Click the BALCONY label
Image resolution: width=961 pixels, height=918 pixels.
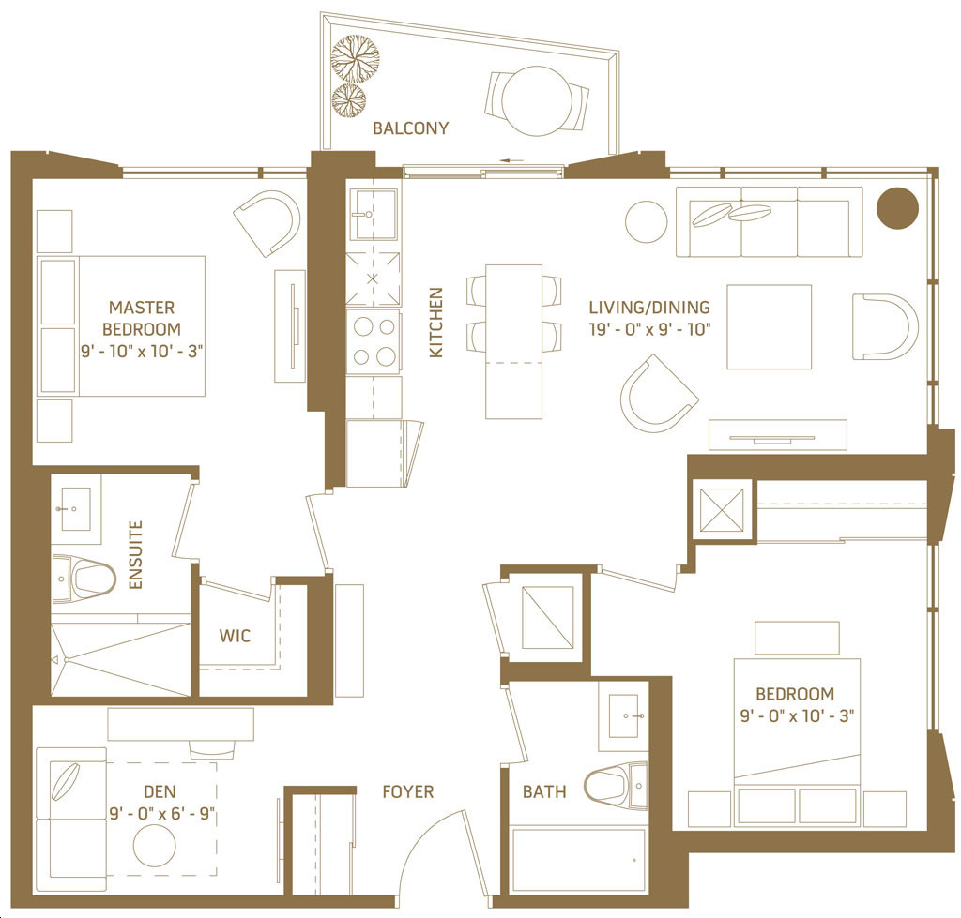click(x=411, y=128)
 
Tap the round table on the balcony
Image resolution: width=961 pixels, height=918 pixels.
click(x=538, y=101)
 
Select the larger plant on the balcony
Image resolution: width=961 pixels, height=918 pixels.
click(x=355, y=59)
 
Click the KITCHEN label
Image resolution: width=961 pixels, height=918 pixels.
click(x=435, y=323)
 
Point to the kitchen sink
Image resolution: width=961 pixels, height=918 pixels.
click(x=373, y=215)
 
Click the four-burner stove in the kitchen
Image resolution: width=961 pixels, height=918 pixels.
click(x=374, y=342)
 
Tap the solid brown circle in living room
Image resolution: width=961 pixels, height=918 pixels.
click(x=897, y=207)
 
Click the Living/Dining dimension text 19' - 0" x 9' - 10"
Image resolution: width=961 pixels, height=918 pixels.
click(x=649, y=329)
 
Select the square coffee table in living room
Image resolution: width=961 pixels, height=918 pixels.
click(x=770, y=327)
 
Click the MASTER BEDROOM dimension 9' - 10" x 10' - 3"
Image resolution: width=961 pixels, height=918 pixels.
click(x=142, y=352)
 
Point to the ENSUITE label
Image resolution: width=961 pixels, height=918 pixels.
click(x=135, y=555)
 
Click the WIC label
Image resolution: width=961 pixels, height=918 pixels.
click(x=235, y=636)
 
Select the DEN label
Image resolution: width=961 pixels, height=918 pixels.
click(x=160, y=791)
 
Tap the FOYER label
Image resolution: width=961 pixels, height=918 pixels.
click(x=407, y=791)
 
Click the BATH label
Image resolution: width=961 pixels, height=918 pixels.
click(x=544, y=791)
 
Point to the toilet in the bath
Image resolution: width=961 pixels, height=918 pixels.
click(x=616, y=786)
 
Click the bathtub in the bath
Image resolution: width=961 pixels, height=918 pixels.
click(x=578, y=860)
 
